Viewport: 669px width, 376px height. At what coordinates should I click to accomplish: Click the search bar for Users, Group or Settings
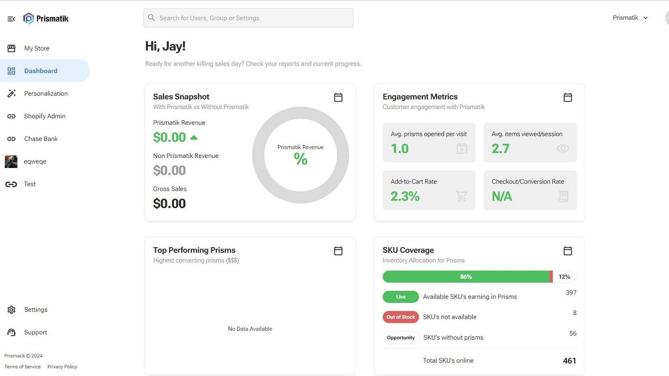click(248, 18)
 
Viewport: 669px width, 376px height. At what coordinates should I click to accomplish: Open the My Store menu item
click(37, 48)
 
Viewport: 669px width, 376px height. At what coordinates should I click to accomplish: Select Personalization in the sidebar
click(46, 94)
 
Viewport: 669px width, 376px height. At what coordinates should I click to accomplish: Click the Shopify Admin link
click(44, 116)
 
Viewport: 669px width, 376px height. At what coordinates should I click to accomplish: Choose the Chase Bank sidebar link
click(41, 139)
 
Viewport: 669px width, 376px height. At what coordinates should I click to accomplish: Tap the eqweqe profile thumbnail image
click(11, 161)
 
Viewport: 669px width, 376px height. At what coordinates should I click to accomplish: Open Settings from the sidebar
click(36, 310)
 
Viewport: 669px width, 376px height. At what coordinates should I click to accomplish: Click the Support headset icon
click(11, 332)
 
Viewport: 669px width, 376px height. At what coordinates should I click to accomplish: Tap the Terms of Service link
click(23, 366)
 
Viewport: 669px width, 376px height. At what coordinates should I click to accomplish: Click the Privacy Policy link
click(62, 366)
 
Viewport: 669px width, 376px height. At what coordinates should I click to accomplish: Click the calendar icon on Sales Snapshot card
click(338, 97)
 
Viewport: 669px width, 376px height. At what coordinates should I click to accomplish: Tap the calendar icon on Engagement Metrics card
click(567, 97)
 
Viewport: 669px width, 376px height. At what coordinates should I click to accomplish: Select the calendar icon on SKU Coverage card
click(567, 251)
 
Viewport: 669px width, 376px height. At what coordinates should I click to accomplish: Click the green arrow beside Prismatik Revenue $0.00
click(194, 137)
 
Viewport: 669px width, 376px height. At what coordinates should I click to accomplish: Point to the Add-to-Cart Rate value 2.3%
click(405, 196)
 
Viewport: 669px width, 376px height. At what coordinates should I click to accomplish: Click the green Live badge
click(401, 297)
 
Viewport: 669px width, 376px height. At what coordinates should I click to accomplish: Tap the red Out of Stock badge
click(401, 317)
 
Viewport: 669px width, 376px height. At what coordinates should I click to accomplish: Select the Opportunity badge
click(401, 338)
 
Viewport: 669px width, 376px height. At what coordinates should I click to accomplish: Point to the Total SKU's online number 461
click(569, 361)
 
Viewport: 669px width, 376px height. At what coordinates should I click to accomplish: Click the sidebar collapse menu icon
click(11, 19)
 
